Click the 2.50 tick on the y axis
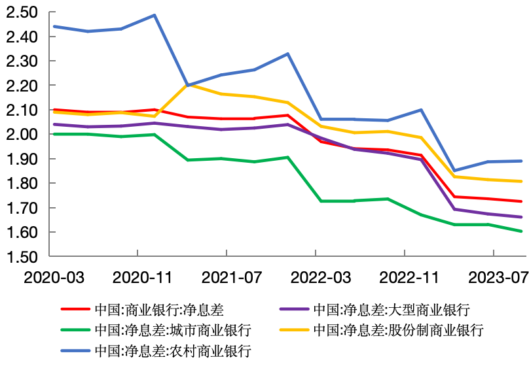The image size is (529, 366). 22,12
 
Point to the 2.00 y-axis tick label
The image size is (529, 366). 22,135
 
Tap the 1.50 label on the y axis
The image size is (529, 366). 22,257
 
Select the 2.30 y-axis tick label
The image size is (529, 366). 22,61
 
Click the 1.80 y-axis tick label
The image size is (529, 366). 22,184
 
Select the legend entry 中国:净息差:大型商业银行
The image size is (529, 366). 391,309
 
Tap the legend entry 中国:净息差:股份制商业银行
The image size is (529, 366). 398,329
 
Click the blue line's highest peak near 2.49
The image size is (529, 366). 155,15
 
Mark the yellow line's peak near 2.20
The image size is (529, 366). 188,84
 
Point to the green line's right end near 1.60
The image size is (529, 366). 521,231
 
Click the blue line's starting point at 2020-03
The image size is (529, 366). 54,27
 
